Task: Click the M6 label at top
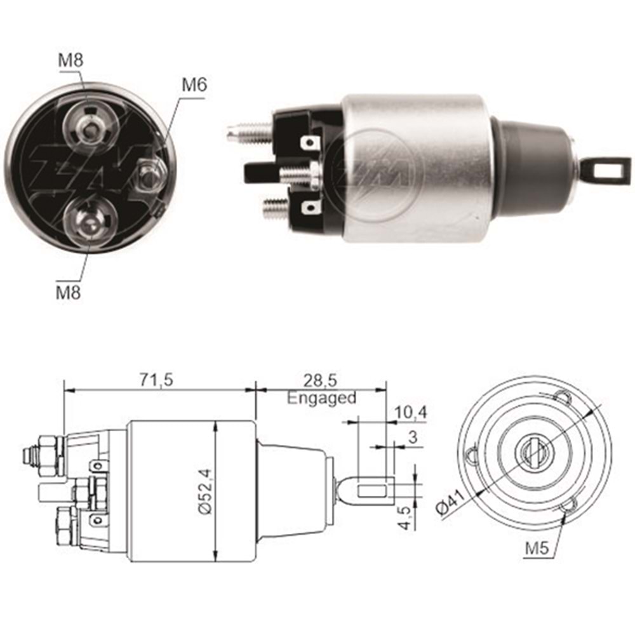tap(194, 85)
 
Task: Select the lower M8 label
tap(69, 294)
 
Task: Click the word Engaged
tap(321, 398)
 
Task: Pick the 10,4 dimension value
tap(410, 413)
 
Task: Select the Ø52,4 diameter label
tap(204, 492)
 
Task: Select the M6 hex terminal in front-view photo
tap(149, 175)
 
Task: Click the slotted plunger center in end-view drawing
tap(531, 452)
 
